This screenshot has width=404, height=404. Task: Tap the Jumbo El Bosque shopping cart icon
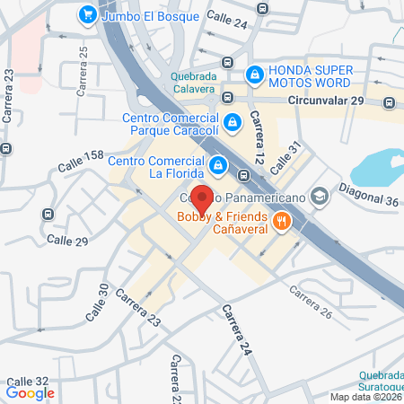point(87,14)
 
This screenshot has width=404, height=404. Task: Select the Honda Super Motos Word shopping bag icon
point(255,72)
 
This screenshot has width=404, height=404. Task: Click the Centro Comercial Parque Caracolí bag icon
point(233,120)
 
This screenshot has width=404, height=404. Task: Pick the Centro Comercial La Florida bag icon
point(218,164)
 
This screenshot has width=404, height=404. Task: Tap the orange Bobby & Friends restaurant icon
point(281,221)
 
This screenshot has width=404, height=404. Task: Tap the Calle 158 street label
point(82,162)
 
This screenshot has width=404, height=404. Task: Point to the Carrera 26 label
point(311,302)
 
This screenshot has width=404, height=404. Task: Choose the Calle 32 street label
point(27,381)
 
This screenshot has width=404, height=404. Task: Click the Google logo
point(31,392)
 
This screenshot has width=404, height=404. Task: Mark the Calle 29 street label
point(67,242)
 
